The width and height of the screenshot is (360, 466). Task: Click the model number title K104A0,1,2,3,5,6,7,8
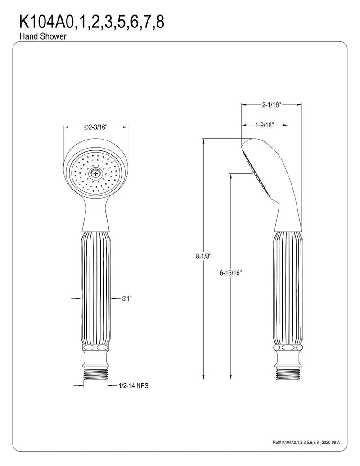point(92,22)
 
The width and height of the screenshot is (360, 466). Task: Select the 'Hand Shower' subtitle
point(43,36)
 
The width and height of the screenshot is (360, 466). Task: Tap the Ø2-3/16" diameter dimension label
point(95,127)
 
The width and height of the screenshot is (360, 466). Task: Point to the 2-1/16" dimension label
point(271,104)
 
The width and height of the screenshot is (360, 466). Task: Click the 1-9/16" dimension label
point(264,125)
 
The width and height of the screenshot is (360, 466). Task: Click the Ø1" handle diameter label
point(126,299)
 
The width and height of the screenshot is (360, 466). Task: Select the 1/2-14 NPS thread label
point(133,386)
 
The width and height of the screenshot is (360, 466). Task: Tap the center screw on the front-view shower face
point(95,173)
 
